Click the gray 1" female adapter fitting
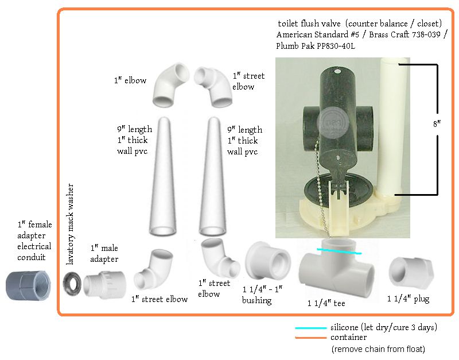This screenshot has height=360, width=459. pyautogui.click(x=28, y=285)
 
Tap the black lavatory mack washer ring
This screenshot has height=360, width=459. pyautogui.click(x=72, y=284)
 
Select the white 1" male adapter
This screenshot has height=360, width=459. pyautogui.click(x=104, y=285)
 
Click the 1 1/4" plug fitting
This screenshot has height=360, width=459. pyautogui.click(x=411, y=272)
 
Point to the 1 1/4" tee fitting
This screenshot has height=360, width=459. pyautogui.click(x=337, y=268)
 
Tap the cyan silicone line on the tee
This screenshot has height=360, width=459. pyautogui.click(x=339, y=251)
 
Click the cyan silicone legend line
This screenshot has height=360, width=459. pyautogui.click(x=311, y=328)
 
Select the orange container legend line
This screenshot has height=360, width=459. pyautogui.click(x=311, y=338)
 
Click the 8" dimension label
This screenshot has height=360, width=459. pyautogui.click(x=437, y=124)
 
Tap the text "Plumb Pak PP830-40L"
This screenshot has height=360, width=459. pyautogui.click(x=316, y=46)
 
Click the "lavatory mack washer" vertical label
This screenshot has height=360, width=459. pyautogui.click(x=70, y=224)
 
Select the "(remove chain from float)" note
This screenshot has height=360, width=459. pyautogui.click(x=378, y=349)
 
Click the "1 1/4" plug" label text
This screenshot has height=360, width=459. pyautogui.click(x=409, y=299)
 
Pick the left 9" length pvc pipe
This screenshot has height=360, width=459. pyautogui.click(x=163, y=176)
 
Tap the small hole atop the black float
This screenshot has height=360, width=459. pyautogui.click(x=337, y=71)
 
